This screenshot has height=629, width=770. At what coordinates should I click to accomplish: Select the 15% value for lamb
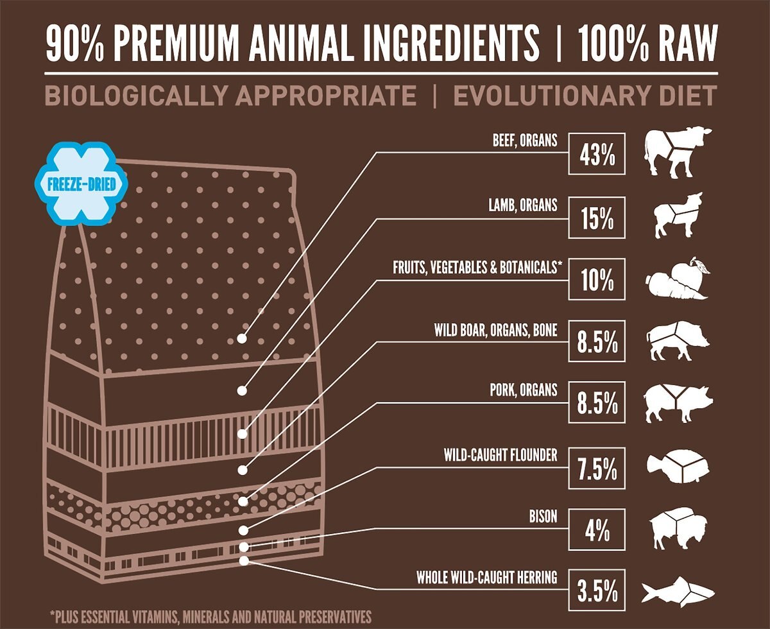pos(597,219)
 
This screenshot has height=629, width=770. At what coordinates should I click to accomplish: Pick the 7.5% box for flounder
pos(597,470)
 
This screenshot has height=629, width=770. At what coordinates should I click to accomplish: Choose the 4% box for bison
pos(597,531)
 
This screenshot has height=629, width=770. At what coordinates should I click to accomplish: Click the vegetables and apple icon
pos(678,279)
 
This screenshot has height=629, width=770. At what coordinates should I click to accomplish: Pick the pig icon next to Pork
pos(678,403)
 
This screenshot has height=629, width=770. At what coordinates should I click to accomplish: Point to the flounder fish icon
pos(678,467)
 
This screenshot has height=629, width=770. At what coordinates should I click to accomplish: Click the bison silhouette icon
pos(678,530)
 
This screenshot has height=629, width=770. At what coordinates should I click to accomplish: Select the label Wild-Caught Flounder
pos(501,455)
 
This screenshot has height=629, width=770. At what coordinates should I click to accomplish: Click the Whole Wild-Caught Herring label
pos(486,578)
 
